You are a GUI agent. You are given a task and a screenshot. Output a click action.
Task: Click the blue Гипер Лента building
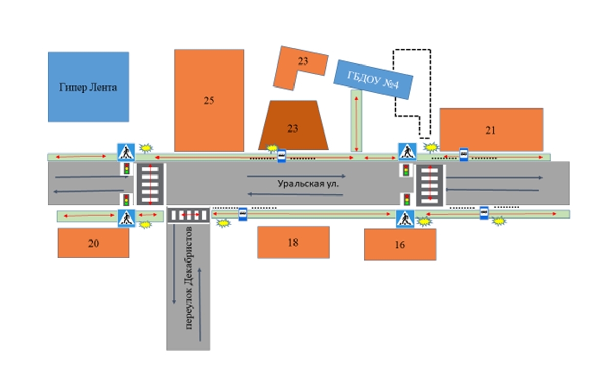[88, 86]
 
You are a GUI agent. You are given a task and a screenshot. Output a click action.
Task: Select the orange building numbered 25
[209, 100]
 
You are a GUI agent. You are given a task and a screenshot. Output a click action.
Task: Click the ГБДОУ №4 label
[373, 79]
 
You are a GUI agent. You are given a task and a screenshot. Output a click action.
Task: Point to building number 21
[491, 130]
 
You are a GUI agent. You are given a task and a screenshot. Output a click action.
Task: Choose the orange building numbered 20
[93, 243]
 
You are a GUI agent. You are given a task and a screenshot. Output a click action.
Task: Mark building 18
[293, 242]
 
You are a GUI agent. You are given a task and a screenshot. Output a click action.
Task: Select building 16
[400, 245]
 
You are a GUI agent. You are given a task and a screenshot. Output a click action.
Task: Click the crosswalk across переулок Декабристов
[189, 215]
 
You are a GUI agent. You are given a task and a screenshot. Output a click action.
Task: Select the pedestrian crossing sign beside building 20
[126, 219]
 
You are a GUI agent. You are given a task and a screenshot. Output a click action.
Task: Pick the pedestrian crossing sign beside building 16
[405, 219]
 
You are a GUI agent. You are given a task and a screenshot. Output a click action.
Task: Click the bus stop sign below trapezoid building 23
[281, 156]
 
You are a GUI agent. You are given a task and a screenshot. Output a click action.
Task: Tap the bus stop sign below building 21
[463, 154]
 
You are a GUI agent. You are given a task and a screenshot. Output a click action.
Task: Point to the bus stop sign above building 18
[243, 213]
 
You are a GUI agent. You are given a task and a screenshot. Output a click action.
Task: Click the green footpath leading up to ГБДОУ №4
[356, 121]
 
